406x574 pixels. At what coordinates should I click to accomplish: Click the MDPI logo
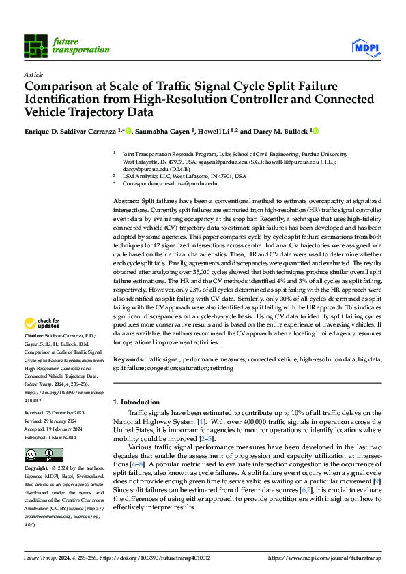coord(367,46)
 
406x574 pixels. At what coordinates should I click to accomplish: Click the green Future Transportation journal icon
coord(36,45)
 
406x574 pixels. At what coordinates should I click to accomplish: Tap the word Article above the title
coord(33,74)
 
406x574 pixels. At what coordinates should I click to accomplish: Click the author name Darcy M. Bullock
coord(280,130)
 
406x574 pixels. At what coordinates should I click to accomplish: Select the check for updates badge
coord(43,323)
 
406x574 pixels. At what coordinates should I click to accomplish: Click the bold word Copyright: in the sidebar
coord(36,469)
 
